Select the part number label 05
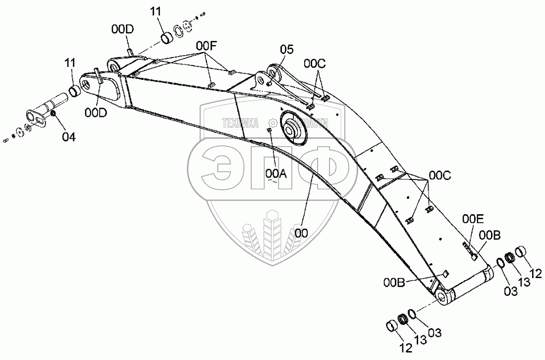pos(286,49)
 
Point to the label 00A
pos(275,173)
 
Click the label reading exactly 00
pos(301,233)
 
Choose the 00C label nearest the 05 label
pos(315,63)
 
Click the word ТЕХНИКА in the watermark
pos(241,123)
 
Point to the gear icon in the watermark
pos(272,123)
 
